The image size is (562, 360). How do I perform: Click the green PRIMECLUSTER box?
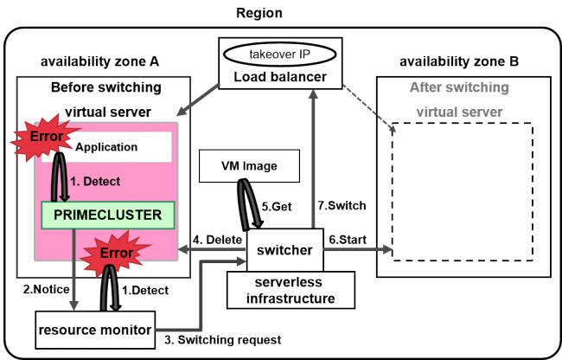click(107, 213)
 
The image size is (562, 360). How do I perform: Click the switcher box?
click(284, 251)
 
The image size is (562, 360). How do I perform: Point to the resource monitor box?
click(95, 329)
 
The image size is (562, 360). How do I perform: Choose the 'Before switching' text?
click(106, 87)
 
